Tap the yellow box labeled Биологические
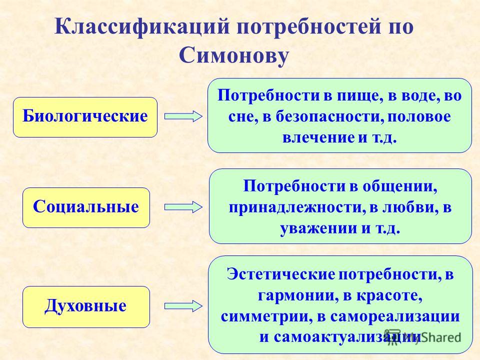coord(85,117)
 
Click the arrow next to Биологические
coord(183,117)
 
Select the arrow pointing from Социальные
coord(183,207)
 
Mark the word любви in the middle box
coord(409,207)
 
